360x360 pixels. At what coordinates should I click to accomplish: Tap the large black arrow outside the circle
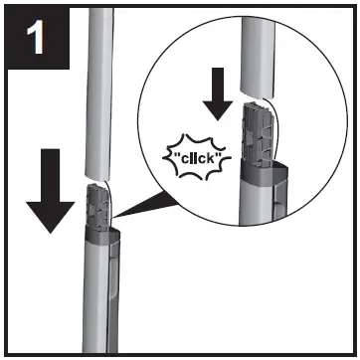point(49,195)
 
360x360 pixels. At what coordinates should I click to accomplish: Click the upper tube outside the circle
point(97,90)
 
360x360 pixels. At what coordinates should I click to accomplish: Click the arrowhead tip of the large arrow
point(49,230)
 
